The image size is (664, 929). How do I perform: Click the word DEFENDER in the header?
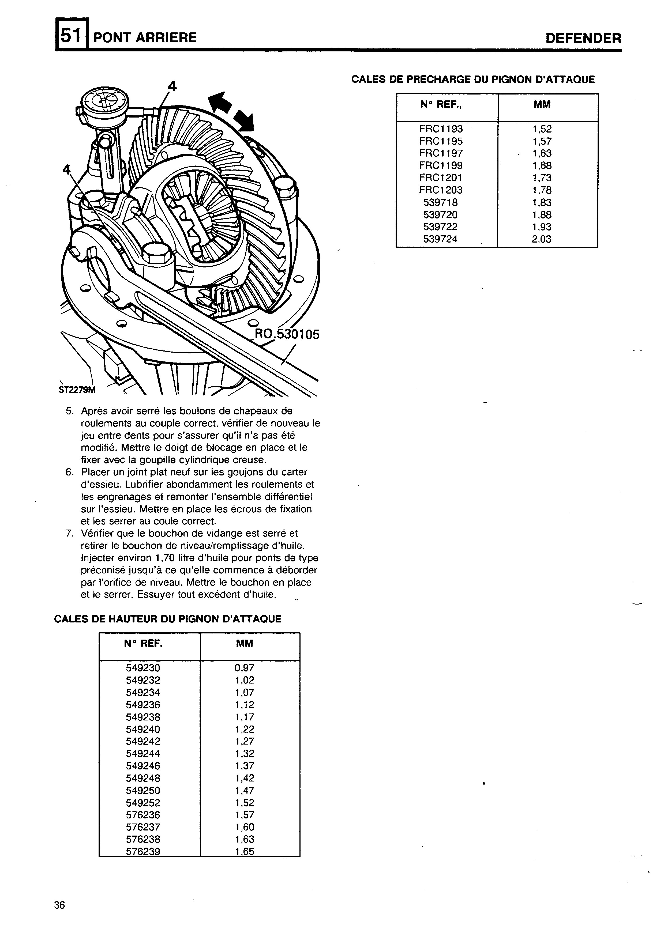[x=583, y=39]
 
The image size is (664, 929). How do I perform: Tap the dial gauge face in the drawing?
[x=105, y=101]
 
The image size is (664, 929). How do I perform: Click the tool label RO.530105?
[x=287, y=334]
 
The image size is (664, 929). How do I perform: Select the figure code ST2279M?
[x=77, y=390]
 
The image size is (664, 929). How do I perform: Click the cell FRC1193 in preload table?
[x=441, y=129]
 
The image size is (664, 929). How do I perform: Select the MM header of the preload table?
[x=542, y=105]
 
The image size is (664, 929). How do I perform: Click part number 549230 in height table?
[x=143, y=668]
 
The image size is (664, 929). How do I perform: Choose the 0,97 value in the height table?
[x=245, y=668]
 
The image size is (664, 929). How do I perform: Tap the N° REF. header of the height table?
[x=143, y=644]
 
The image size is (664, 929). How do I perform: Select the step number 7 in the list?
[x=69, y=533]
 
